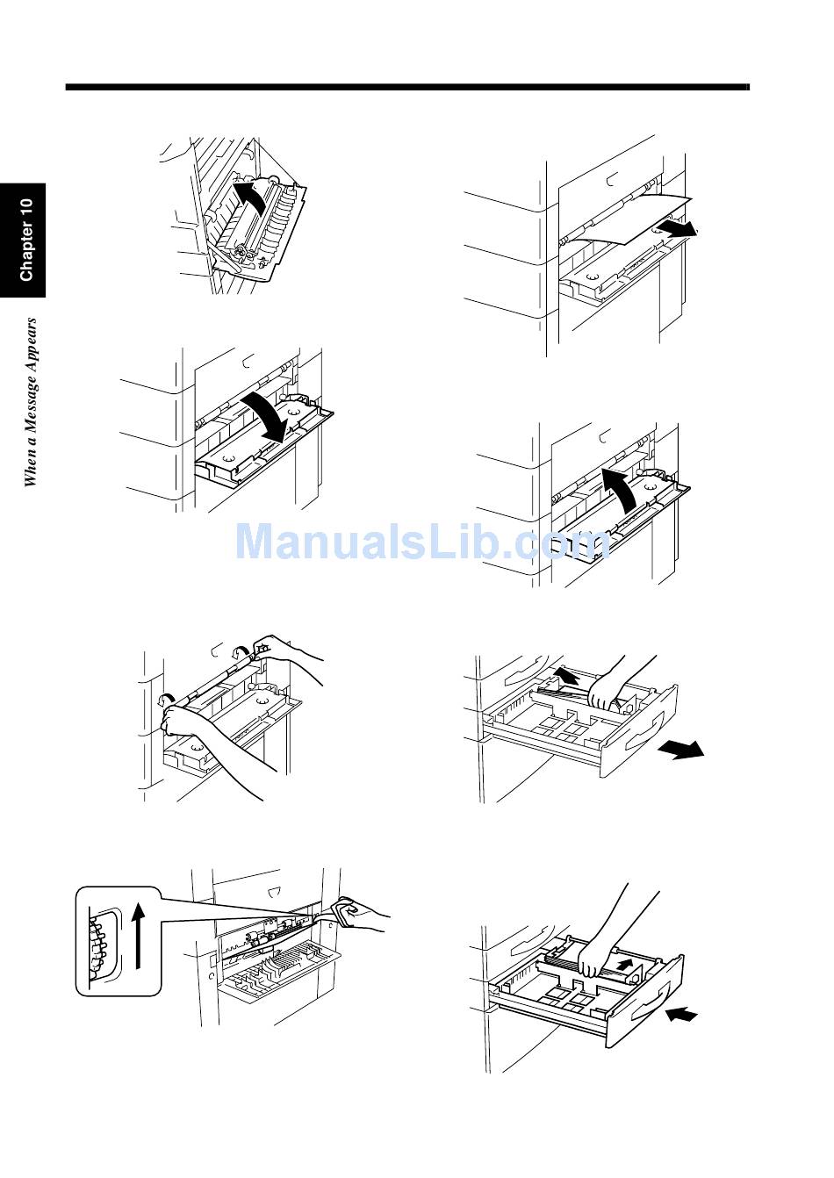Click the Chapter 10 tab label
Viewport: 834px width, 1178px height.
point(25,240)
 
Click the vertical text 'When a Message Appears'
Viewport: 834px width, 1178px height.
point(31,401)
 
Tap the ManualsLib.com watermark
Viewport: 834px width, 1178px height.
point(422,541)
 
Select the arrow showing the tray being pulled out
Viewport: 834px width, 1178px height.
point(681,748)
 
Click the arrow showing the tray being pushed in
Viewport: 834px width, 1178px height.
point(682,1014)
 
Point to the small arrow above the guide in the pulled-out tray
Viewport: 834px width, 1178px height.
point(566,676)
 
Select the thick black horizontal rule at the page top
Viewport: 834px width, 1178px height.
point(407,88)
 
